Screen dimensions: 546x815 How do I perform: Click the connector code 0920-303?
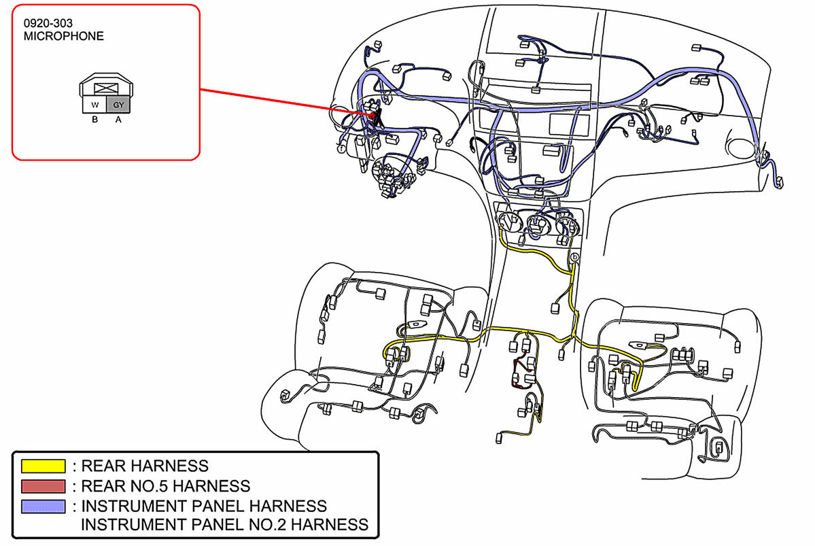[48, 23]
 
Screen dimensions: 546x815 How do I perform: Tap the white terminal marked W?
[94, 105]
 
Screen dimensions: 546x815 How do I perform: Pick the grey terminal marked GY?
[118, 105]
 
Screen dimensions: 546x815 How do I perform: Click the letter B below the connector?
[94, 120]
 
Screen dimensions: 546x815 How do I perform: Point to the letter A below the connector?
[118, 120]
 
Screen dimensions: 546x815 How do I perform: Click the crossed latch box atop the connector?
[106, 88]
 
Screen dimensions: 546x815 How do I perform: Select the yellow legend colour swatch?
[44, 466]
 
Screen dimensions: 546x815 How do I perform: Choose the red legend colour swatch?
[44, 486]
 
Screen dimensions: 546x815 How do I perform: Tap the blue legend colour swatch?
[44, 506]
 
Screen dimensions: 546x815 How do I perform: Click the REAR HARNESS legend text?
[144, 466]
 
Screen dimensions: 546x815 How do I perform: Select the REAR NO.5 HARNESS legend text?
[165, 486]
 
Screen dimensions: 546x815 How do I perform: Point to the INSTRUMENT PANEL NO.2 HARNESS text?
[224, 524]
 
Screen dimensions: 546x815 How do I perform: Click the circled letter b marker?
[575, 257]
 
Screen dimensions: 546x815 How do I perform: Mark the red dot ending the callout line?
[372, 115]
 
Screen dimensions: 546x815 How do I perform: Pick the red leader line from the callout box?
[285, 102]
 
